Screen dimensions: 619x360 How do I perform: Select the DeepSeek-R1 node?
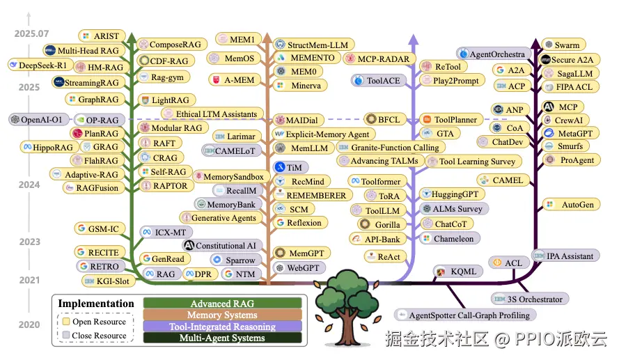[x=41, y=65]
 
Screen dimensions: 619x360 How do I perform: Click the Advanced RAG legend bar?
[x=222, y=304]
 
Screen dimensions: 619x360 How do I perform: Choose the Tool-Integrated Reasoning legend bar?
[x=222, y=327]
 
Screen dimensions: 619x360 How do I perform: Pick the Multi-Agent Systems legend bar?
[x=222, y=338]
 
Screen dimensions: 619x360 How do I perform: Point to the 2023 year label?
[x=29, y=242]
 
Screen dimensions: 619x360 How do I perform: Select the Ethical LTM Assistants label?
[x=214, y=114]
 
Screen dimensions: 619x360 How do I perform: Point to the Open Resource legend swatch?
[x=66, y=322]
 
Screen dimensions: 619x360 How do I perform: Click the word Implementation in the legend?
[x=96, y=304]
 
